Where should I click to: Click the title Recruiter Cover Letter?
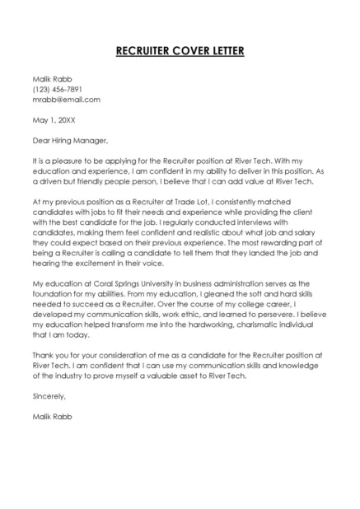click(180, 51)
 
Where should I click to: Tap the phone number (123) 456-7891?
click(57, 89)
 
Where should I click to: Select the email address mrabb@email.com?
click(66, 100)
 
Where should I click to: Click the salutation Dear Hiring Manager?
click(70, 139)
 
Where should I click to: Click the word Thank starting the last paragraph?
click(44, 356)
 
